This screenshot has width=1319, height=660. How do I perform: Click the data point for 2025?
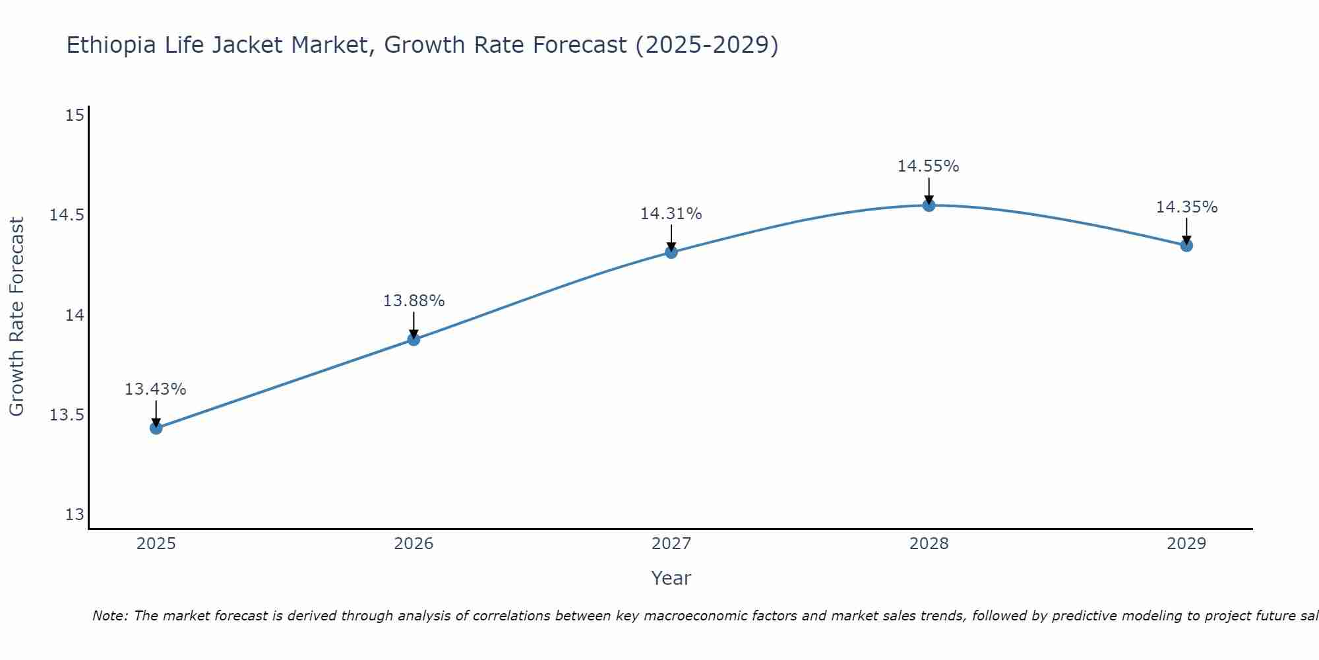[x=156, y=428]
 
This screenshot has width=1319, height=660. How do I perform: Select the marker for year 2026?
[x=414, y=340]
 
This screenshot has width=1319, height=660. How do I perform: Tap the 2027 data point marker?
[x=671, y=252]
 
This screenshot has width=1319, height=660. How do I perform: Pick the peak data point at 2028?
[x=929, y=205]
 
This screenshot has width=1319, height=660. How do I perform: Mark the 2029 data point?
[x=1186, y=246]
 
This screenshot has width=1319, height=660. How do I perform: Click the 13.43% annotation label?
[x=156, y=389]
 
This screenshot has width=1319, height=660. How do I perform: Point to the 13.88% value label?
[x=414, y=301]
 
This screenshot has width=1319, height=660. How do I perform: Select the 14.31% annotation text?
[x=671, y=214]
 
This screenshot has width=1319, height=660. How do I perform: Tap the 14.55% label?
[x=928, y=166]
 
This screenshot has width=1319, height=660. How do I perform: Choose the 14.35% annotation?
[x=1186, y=207]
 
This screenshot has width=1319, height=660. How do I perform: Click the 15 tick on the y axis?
[x=75, y=115]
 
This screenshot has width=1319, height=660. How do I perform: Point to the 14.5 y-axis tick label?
[x=67, y=215]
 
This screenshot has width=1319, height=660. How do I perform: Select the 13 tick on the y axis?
[x=75, y=515]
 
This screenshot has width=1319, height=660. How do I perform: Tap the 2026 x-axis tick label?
[x=414, y=544]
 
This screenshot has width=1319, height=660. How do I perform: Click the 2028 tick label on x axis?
[x=929, y=544]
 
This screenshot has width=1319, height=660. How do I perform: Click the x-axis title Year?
[x=671, y=578]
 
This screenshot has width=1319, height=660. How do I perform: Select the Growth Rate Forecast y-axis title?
[x=16, y=317]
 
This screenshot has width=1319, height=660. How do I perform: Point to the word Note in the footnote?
[x=109, y=616]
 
